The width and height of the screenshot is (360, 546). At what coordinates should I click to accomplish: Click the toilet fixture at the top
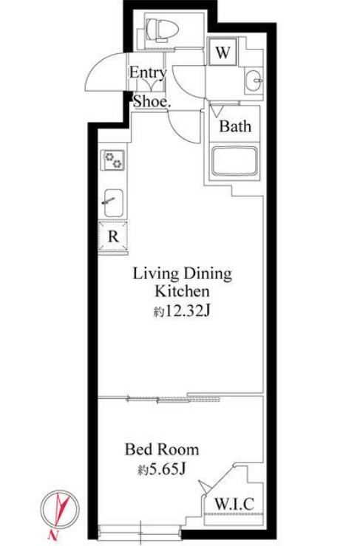pos(162,30)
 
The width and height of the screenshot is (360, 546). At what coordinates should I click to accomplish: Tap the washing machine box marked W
pos(223,52)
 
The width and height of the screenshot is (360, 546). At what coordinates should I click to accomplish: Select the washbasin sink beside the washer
pos(254,80)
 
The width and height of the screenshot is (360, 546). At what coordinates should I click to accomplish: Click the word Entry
pos(148,73)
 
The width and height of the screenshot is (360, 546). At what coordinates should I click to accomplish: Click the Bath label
pos(235,126)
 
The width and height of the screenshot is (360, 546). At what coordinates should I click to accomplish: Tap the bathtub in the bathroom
pos(235,161)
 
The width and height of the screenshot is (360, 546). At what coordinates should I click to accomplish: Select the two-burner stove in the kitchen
pos(113,160)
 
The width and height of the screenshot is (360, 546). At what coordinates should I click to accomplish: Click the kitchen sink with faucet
pos(113,202)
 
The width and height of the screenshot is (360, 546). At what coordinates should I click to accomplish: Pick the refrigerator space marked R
pos(113,236)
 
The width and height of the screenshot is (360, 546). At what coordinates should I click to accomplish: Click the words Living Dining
pos(183,274)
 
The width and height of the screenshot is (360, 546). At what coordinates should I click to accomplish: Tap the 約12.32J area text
pos(182,311)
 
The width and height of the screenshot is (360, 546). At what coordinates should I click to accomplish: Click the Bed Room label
pos(162,449)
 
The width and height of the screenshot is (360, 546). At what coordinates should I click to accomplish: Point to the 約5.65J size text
pos(161,469)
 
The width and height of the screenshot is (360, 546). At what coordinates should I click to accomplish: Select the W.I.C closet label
pos(234,504)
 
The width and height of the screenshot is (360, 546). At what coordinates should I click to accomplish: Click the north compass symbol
pos(60,510)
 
